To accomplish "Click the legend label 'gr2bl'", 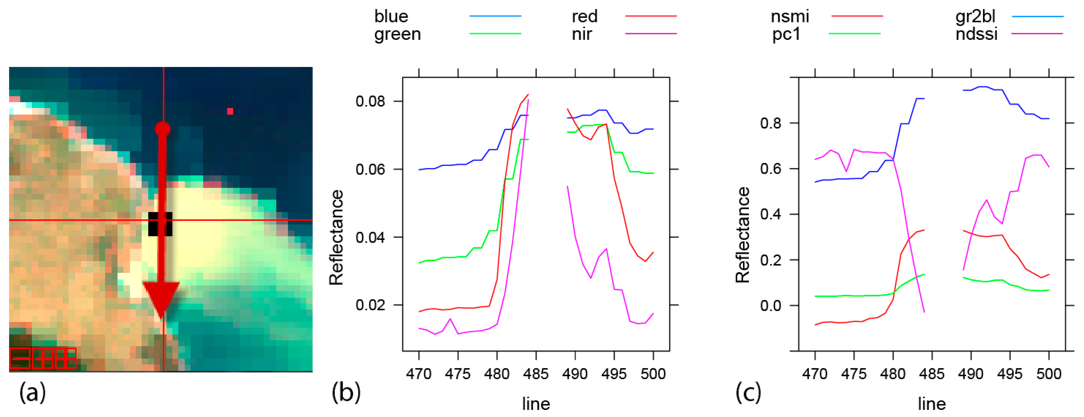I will [975, 16].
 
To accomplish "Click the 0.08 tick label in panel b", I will [370, 101].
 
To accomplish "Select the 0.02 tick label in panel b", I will [370, 305].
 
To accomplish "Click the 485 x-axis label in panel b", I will [536, 374].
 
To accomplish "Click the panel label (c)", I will [748, 393].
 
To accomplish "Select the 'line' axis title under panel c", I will [932, 404].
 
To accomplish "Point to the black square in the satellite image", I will [160, 224].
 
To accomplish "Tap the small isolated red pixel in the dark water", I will [230, 111].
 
